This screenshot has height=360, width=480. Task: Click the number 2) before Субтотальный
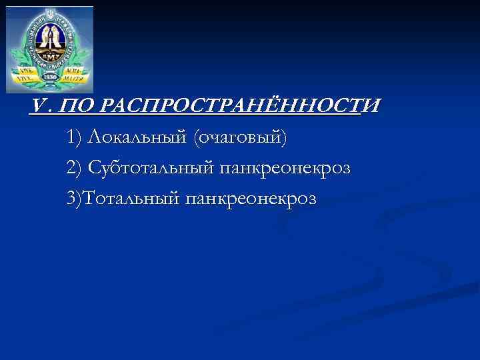[x=75, y=167]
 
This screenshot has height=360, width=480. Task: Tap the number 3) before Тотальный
[x=75, y=198]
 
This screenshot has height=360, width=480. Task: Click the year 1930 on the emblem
[x=50, y=76]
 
